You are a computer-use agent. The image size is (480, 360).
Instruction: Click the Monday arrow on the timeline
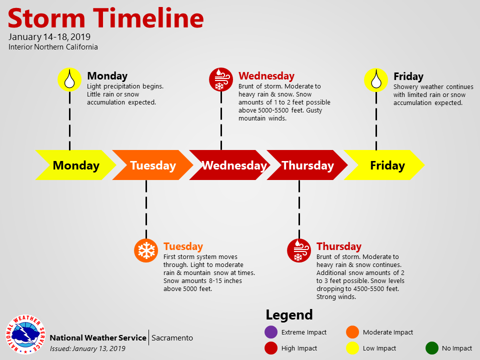click(76, 165)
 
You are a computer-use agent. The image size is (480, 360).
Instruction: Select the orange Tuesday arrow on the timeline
click(153, 165)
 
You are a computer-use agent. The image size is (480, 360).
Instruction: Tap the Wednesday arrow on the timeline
click(230, 165)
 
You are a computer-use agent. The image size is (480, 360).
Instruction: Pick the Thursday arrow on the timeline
click(307, 165)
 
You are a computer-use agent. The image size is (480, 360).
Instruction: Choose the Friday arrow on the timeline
click(384, 165)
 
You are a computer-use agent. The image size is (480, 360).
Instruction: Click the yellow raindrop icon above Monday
click(70, 79)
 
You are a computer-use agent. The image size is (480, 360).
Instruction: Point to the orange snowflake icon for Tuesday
click(146, 250)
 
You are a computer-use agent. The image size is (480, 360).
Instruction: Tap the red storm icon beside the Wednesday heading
click(221, 79)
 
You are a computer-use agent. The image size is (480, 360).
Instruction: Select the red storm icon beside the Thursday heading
click(299, 250)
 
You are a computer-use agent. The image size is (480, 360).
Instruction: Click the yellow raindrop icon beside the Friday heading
click(376, 80)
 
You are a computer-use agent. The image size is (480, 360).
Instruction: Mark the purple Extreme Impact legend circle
click(271, 332)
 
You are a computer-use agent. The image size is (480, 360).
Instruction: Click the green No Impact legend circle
click(432, 348)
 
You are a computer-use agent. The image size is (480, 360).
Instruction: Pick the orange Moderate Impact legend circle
click(352, 332)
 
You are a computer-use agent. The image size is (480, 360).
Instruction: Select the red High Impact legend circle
click(271, 348)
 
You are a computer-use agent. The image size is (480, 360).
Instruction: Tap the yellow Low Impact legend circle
click(352, 348)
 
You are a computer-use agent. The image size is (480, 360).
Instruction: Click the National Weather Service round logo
click(25, 334)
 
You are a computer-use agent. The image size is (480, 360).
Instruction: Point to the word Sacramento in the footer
click(172, 338)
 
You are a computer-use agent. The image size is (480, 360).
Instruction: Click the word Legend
click(289, 315)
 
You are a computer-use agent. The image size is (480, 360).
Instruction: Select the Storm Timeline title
click(106, 18)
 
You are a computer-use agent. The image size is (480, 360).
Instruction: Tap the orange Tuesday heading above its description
click(183, 246)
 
